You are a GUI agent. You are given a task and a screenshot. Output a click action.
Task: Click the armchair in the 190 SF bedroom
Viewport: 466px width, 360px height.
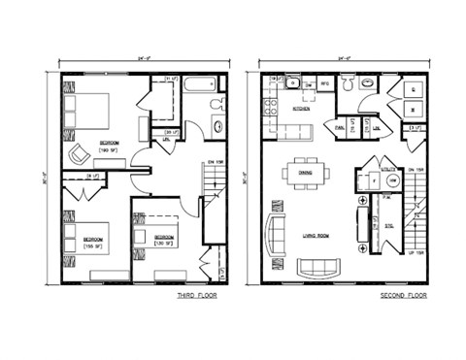coord(79,153)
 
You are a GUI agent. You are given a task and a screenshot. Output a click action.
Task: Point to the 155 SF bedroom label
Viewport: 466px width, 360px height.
coord(93,243)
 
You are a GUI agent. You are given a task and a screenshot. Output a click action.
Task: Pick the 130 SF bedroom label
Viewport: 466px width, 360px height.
coord(162,239)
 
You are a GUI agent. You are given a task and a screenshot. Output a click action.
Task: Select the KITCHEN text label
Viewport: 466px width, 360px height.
coord(302,109)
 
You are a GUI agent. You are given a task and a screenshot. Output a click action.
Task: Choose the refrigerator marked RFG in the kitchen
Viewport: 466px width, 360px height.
coord(325,85)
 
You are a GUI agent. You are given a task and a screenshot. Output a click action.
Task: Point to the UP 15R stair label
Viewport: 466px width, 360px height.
coord(414,252)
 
